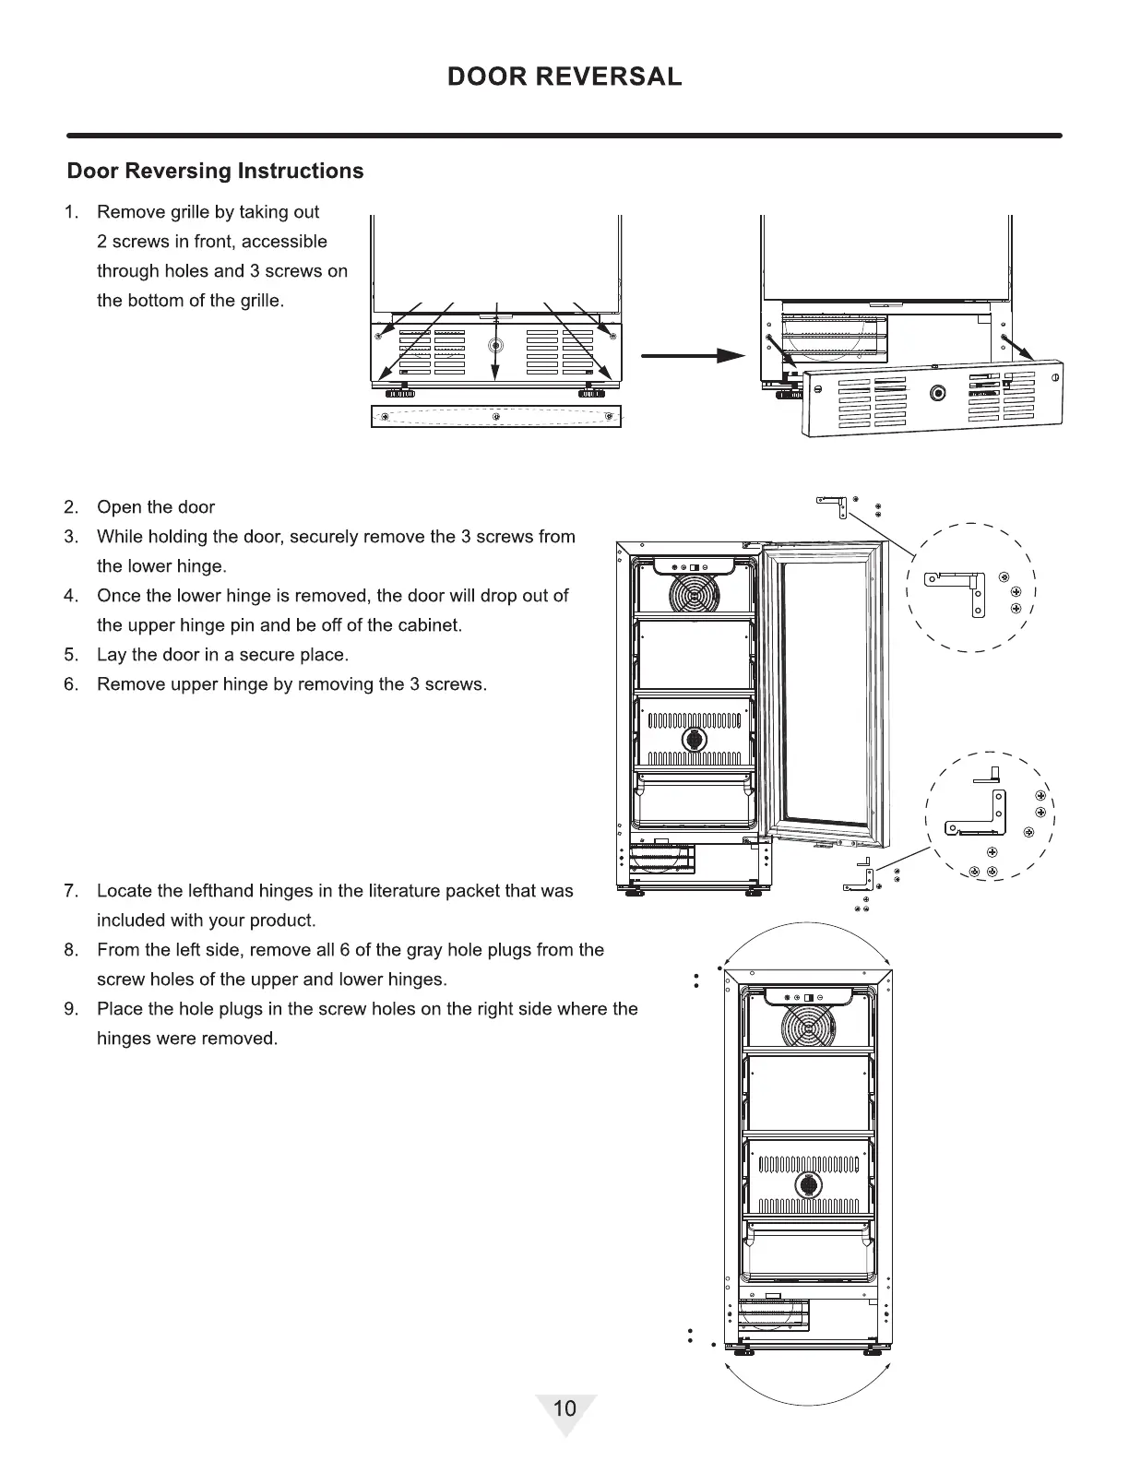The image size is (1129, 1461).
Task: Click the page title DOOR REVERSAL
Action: click(x=564, y=77)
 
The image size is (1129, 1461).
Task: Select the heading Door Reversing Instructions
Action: click(x=216, y=172)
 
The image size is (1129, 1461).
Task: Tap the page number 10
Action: click(x=564, y=1408)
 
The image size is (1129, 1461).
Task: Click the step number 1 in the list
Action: click(x=71, y=212)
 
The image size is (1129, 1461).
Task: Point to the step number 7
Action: click(x=70, y=891)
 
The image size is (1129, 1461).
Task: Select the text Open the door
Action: click(x=156, y=507)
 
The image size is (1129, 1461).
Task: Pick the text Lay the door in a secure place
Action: click(x=222, y=655)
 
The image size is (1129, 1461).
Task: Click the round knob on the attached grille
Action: click(x=496, y=346)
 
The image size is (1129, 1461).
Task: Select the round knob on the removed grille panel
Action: click(x=938, y=391)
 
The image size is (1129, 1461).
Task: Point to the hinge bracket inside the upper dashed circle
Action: click(x=959, y=588)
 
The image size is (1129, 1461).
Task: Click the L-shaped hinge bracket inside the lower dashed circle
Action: click(x=980, y=812)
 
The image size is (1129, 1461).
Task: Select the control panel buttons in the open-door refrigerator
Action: click(x=692, y=566)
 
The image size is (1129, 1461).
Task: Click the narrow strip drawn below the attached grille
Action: click(x=496, y=417)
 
